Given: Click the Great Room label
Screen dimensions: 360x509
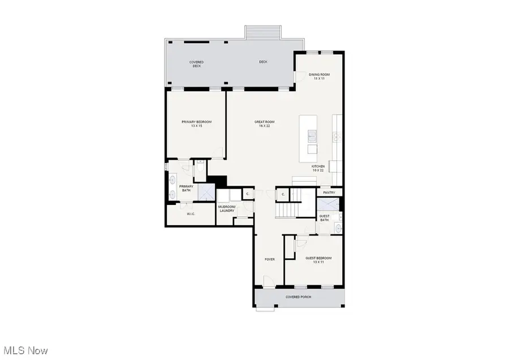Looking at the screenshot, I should pos(264,123).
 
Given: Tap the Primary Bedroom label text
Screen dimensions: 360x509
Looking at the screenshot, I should pos(196,123).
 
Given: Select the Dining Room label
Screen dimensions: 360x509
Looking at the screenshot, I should pos(319,76).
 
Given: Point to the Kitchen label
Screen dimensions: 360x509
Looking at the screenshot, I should pos(318,168).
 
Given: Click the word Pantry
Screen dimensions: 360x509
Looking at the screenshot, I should pos(329,193).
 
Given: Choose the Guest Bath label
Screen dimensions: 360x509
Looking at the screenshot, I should pos(325,217).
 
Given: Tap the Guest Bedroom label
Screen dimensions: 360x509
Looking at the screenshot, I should pos(318,260).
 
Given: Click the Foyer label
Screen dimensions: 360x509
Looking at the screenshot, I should pos(270,259).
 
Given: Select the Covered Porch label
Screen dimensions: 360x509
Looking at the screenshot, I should pos(298,297).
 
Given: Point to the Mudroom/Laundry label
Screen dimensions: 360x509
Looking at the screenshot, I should pos(226,209).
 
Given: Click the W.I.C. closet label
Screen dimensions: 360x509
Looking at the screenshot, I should pos(191,214).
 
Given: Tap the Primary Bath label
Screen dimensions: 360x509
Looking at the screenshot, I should pos(186,188).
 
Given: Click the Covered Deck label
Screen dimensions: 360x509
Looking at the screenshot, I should pos(196,64).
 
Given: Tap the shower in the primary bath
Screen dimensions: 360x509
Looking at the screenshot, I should pos(206,192).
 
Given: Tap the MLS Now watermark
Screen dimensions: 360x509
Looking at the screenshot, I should pos(24,350).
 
